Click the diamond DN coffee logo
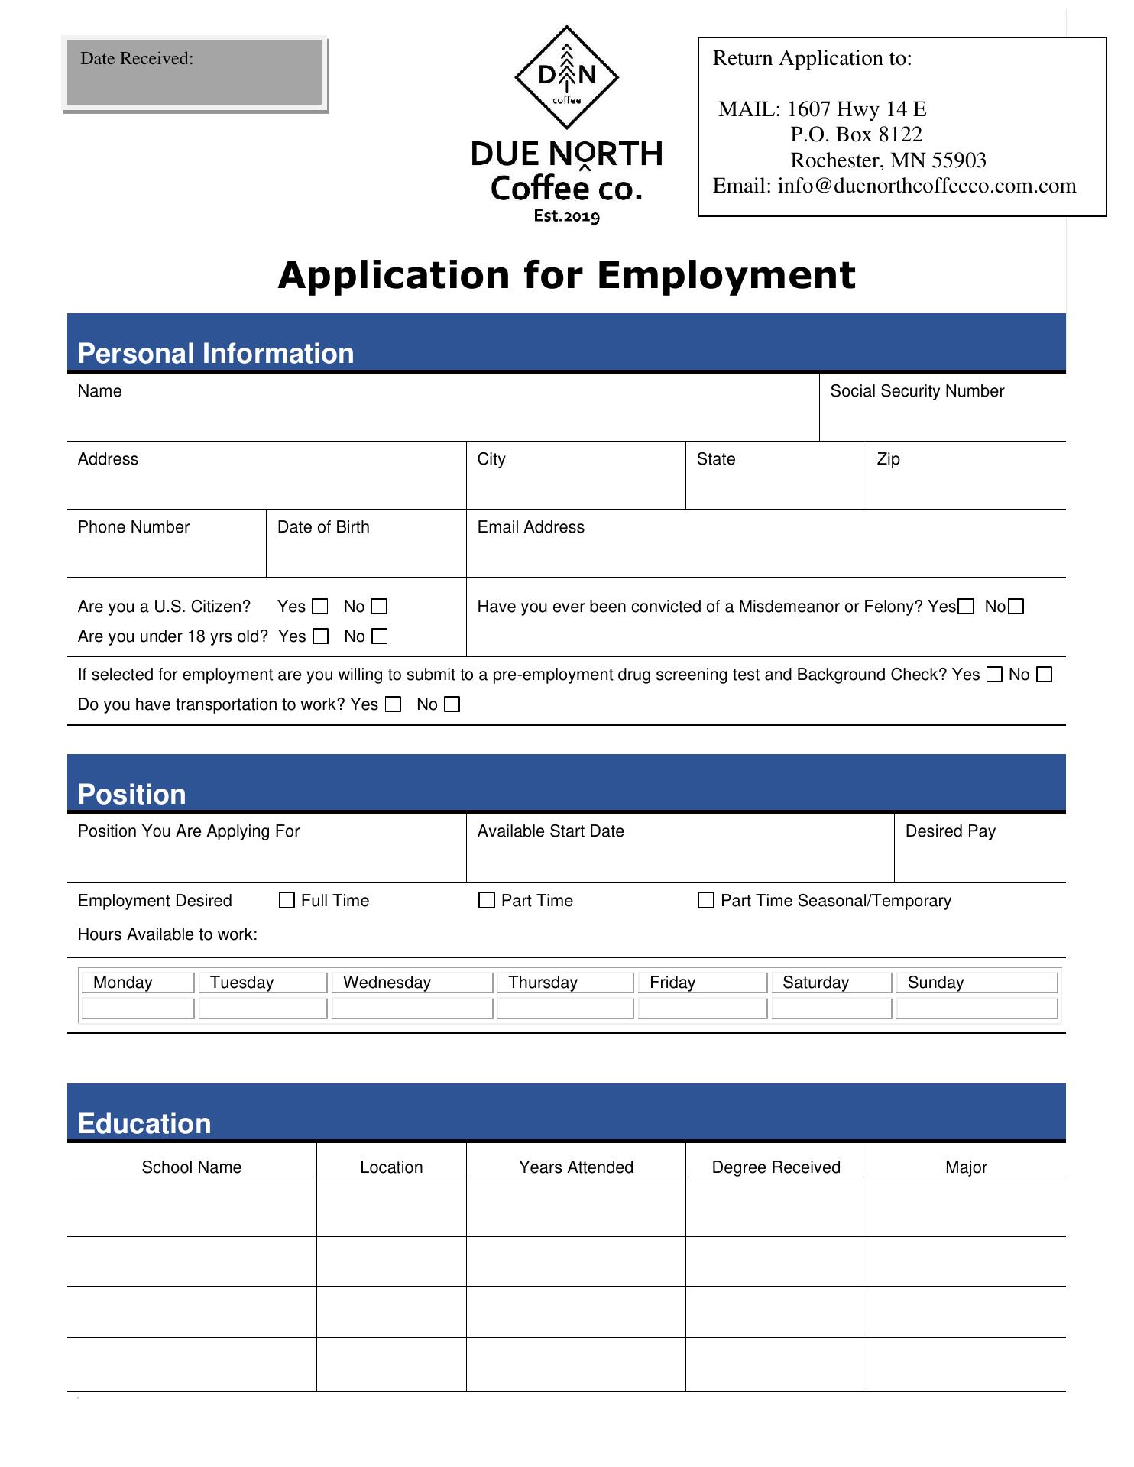point(566,77)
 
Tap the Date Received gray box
point(195,73)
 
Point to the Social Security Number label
point(916,391)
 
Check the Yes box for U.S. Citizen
point(321,607)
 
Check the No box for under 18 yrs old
point(380,636)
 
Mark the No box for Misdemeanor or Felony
point(1016,607)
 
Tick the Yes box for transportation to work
point(394,704)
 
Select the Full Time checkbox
point(287,901)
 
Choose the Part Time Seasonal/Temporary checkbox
point(707,901)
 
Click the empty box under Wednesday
point(412,1009)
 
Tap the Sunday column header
point(935,983)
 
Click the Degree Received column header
point(776,1167)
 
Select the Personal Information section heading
point(215,354)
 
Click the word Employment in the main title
point(726,275)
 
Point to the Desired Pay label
point(950,831)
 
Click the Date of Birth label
point(323,527)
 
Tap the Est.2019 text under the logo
point(566,216)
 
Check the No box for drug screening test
point(1045,675)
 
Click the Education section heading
point(144,1124)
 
